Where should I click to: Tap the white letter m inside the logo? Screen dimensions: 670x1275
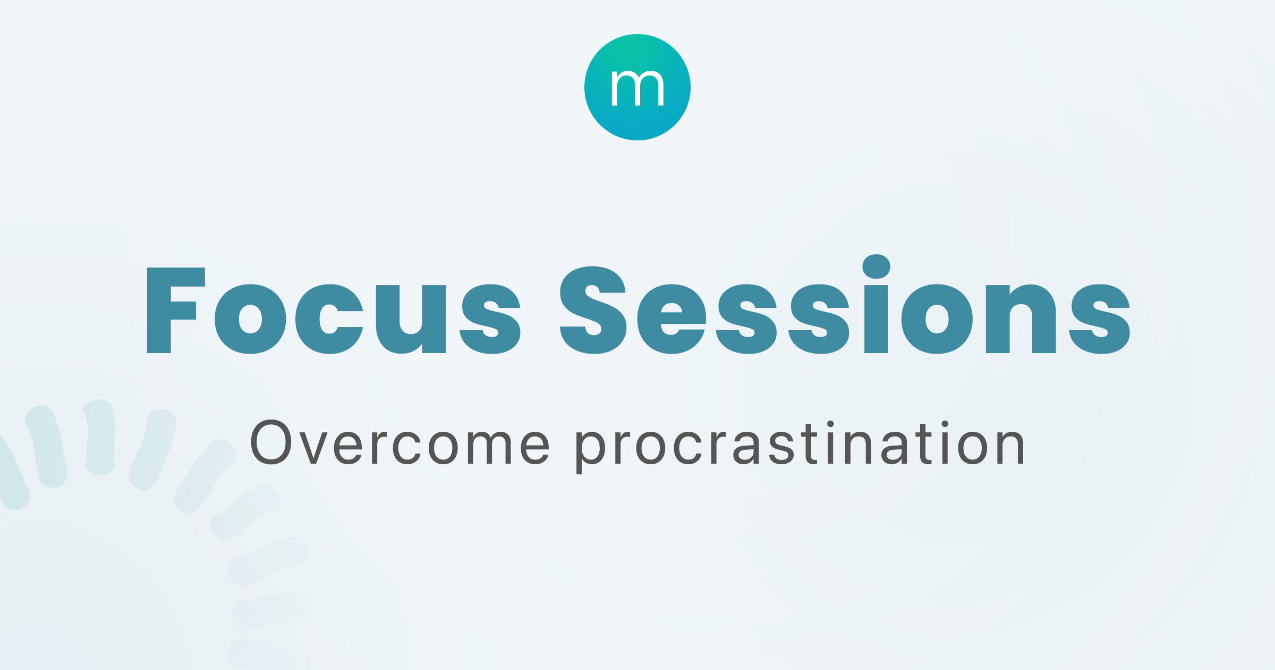(637, 88)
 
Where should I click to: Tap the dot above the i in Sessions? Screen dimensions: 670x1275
(876, 266)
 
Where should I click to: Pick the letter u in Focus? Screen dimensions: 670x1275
(410, 319)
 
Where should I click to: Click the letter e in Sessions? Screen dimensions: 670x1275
(671, 319)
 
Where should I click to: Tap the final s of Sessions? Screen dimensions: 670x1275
(1099, 319)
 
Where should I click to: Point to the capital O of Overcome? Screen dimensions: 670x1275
(271, 442)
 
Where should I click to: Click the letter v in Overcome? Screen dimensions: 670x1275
(313, 448)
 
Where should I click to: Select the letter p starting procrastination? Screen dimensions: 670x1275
(590, 451)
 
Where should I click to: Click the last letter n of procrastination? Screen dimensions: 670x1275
(1009, 447)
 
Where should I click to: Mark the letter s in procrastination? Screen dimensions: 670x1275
(781, 447)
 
